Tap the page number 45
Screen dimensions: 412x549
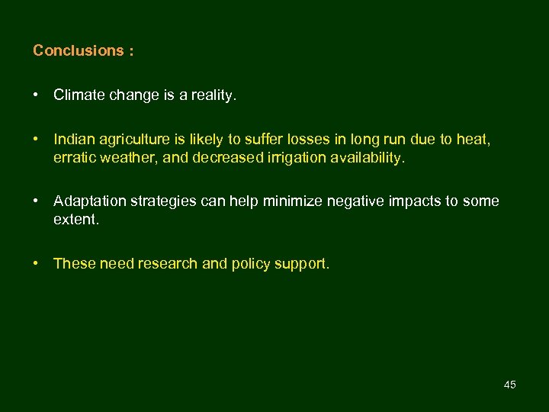point(510,385)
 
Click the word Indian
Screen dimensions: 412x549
point(74,140)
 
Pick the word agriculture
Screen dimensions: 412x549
point(133,140)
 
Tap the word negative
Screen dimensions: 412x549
point(358,201)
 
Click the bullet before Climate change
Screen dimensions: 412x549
point(36,95)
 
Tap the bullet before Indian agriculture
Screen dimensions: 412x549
point(36,140)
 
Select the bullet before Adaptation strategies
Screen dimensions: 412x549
point(36,201)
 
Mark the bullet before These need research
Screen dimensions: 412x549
point(36,263)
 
